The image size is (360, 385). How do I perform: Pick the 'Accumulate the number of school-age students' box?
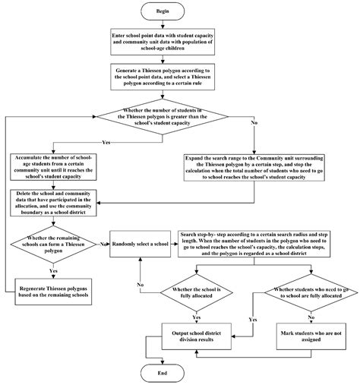(x=52, y=168)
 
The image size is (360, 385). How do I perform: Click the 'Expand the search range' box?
(x=254, y=168)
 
